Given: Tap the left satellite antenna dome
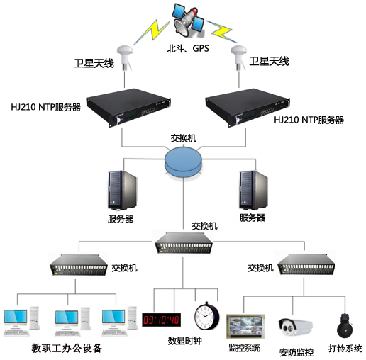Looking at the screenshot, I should (x=128, y=54).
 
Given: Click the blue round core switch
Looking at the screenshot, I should (x=184, y=162).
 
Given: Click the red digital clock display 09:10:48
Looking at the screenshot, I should (x=162, y=319).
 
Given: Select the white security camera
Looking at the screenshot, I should (x=295, y=327).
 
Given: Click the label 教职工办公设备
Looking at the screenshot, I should (x=67, y=349).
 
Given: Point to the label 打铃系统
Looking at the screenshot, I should (x=345, y=349).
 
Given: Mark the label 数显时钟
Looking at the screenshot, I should (x=185, y=340).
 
